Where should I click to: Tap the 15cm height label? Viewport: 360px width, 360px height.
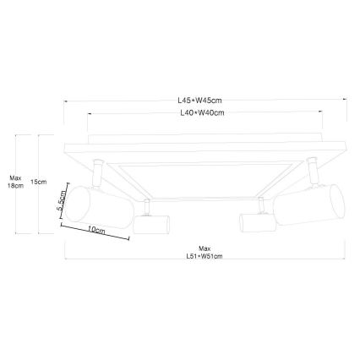click(37, 182)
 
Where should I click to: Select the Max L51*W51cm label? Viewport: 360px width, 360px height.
click(205, 252)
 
